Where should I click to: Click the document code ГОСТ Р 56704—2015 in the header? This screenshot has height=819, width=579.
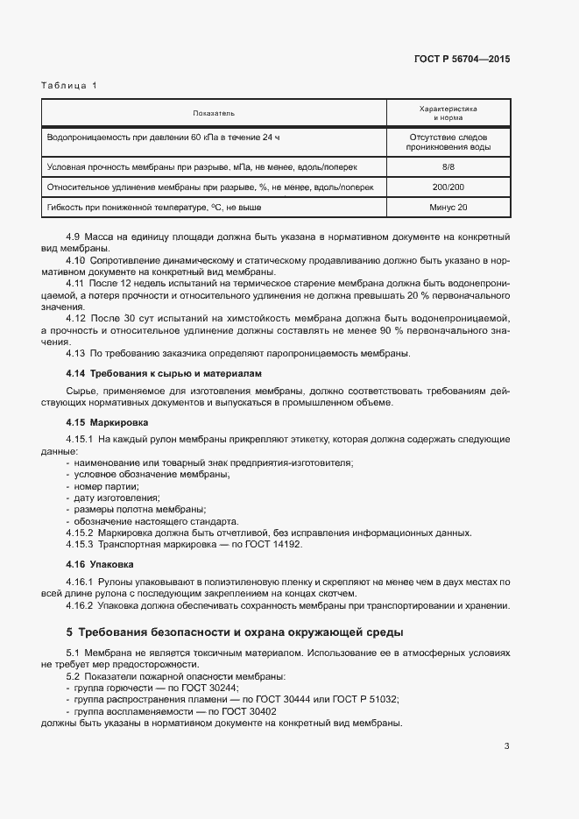click(x=461, y=60)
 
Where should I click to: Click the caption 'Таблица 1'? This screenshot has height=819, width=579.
click(x=70, y=85)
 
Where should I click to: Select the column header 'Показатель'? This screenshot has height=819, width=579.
click(x=214, y=114)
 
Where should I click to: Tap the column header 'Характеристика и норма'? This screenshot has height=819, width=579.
click(x=448, y=113)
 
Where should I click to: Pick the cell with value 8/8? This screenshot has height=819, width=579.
click(x=448, y=166)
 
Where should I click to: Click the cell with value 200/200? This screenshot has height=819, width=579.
click(x=448, y=187)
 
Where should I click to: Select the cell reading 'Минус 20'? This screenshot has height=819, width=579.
click(x=448, y=208)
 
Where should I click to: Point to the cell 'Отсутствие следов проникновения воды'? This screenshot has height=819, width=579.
click(x=448, y=143)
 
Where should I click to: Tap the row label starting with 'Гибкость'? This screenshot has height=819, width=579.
click(x=154, y=208)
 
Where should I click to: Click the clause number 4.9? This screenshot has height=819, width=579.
click(x=74, y=237)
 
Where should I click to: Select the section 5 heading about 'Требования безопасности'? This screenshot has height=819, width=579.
click(x=234, y=632)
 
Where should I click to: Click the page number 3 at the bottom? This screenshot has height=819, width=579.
click(x=507, y=746)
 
